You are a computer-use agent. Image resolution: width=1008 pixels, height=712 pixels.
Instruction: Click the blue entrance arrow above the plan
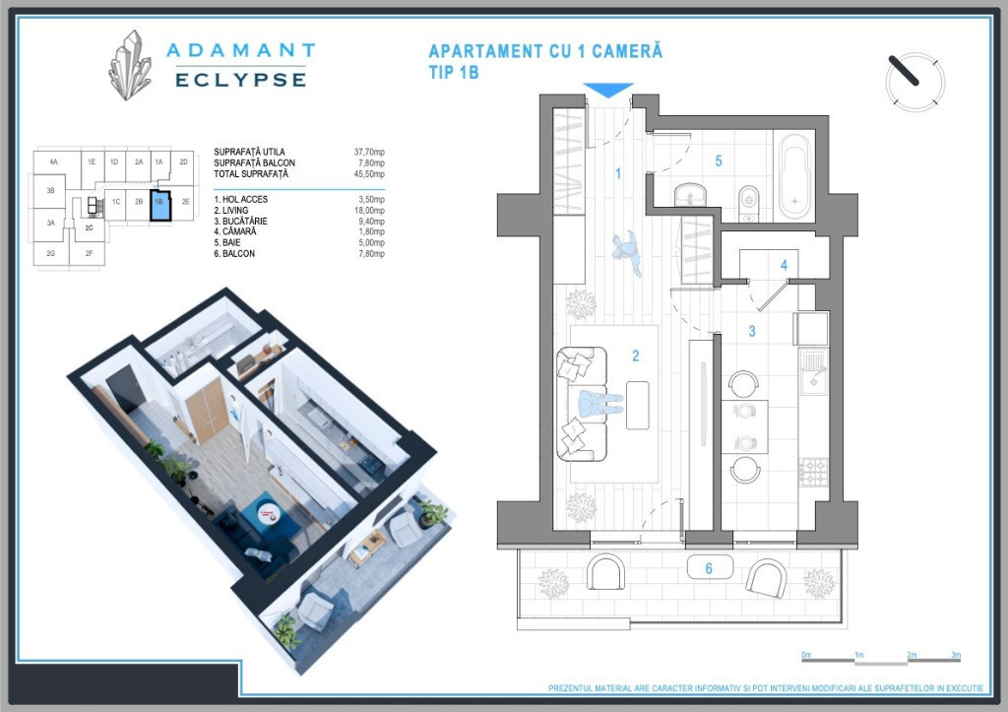[607, 90]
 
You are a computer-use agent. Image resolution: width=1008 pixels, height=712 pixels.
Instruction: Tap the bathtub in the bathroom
[795, 176]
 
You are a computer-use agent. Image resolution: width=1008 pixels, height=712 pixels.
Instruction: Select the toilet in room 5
[749, 203]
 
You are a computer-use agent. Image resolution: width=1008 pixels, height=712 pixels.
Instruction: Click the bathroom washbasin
[690, 194]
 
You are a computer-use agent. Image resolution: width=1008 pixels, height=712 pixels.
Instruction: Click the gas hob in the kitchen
[814, 472]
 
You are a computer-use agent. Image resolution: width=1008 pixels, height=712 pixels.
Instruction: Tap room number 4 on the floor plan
[784, 264]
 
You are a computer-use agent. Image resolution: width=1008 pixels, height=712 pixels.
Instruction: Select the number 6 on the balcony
[709, 568]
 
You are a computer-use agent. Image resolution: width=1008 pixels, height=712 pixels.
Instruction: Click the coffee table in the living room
[638, 405]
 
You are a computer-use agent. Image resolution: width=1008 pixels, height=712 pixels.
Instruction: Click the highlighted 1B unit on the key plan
[160, 205]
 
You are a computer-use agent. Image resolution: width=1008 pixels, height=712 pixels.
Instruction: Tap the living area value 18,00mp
[370, 211]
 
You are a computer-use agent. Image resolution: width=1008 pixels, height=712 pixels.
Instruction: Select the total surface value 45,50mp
[370, 173]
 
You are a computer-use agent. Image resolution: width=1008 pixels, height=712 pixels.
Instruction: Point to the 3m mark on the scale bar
[957, 655]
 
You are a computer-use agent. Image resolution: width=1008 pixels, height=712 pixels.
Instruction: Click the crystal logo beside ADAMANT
[131, 65]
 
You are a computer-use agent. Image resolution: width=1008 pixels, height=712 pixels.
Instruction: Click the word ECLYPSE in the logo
[240, 80]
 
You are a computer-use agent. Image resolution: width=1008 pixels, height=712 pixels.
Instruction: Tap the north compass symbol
[914, 83]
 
